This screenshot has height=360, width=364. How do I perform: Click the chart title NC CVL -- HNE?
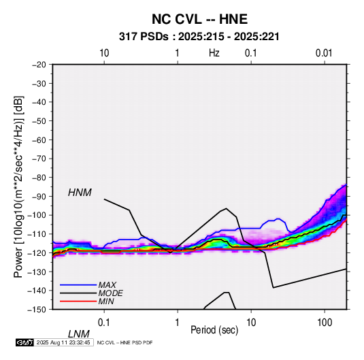coord(199,19)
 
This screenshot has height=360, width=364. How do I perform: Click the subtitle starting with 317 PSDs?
coord(199,37)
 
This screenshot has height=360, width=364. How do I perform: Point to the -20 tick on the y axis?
coord(39,65)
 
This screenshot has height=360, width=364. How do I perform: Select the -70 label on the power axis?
coord(39,159)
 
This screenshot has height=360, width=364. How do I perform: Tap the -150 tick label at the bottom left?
coord(37,310)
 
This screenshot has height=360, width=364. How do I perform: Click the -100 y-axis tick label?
coord(37,215)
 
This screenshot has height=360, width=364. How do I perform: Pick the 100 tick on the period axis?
coord(325,323)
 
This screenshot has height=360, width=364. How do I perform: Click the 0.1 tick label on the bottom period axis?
coord(104,323)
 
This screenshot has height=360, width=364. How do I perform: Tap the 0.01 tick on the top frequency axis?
coord(324,53)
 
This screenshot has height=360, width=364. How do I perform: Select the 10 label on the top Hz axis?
coord(104,53)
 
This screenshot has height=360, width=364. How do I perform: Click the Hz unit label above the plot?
coord(214,53)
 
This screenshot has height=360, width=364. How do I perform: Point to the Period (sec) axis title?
coord(214,330)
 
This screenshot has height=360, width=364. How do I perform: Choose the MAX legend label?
coord(107,285)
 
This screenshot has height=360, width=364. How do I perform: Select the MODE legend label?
coord(110,293)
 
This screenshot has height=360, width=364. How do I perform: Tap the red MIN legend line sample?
coord(78,301)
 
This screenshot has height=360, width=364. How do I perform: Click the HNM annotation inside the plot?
coord(80,193)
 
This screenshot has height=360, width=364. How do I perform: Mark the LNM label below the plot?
coord(78,334)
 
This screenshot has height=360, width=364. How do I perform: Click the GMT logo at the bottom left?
coord(24,342)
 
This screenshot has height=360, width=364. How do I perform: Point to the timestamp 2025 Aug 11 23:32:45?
coord(63,342)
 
